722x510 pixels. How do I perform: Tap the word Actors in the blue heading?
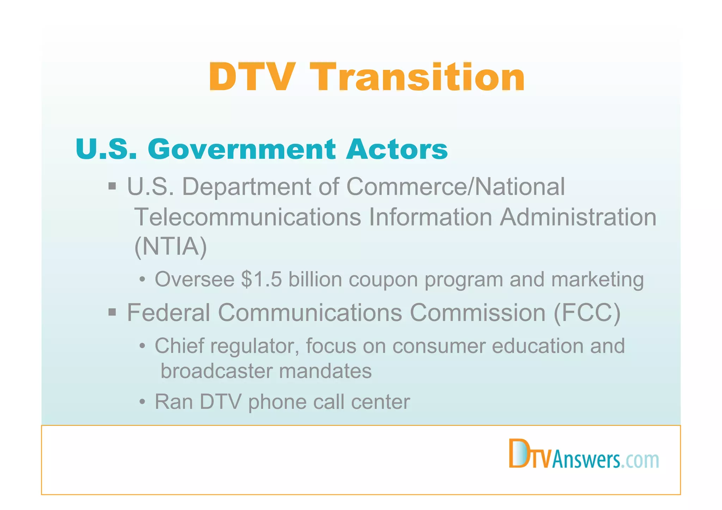(397, 149)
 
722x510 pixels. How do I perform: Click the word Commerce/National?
(455, 187)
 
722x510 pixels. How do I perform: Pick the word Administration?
(578, 217)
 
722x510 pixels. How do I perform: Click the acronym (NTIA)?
(171, 247)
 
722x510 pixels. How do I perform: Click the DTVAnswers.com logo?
(584, 455)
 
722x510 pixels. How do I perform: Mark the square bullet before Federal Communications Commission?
(112, 312)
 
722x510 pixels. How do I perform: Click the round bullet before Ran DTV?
(142, 402)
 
